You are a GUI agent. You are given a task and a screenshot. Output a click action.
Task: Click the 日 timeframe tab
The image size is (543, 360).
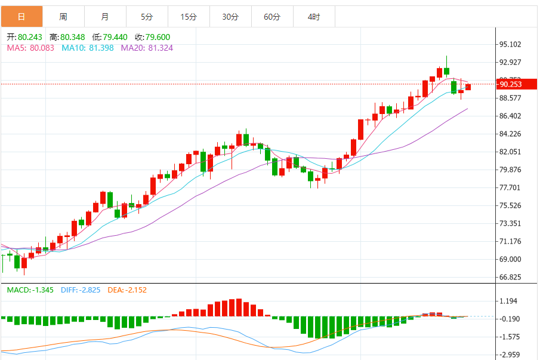[21, 17]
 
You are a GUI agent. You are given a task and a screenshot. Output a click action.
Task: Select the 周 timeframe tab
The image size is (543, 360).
[63, 17]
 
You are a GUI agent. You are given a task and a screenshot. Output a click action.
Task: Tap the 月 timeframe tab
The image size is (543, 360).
[105, 17]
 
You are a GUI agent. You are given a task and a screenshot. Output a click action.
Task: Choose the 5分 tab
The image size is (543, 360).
[147, 17]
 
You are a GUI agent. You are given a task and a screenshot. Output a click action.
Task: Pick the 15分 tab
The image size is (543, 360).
[189, 17]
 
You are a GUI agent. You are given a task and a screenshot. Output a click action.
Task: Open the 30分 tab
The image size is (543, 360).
[230, 17]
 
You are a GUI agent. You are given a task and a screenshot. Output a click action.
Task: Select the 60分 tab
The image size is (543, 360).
[272, 17]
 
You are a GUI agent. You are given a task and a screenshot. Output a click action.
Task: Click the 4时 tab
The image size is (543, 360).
[314, 17]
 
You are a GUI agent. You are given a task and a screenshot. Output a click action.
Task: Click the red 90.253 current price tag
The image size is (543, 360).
[511, 84]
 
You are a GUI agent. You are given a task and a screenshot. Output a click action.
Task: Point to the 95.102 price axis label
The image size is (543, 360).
[511, 44]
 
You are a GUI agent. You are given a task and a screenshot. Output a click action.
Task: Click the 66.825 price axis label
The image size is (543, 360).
[511, 277]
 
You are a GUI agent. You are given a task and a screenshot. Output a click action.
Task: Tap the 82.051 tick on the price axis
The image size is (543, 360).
[511, 152]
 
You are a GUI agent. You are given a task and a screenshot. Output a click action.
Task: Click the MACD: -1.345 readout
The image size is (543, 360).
[30, 290]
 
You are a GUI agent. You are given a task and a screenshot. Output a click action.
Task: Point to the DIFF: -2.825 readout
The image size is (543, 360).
[81, 290]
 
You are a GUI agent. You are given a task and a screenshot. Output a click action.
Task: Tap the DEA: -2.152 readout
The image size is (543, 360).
[127, 290]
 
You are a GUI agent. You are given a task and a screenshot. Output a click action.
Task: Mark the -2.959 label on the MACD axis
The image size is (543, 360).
[511, 355]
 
